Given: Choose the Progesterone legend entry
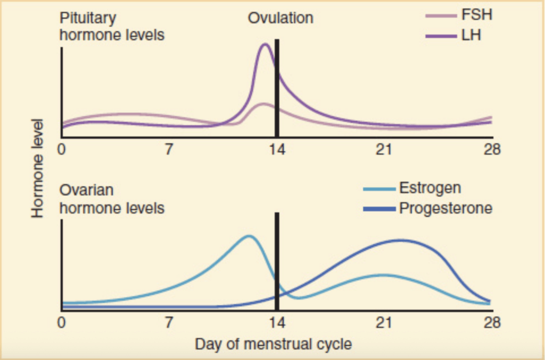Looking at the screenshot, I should [x=445, y=207].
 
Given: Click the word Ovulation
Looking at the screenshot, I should [x=280, y=18].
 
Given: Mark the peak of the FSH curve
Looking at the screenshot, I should [x=263, y=104].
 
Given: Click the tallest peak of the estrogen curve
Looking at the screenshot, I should [x=248, y=236].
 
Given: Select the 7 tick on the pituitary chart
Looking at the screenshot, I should [x=169, y=149].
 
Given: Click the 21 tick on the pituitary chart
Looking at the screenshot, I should [x=384, y=149].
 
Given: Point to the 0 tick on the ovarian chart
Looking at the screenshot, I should [x=62, y=322].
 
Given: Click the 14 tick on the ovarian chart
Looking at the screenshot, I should [x=277, y=322].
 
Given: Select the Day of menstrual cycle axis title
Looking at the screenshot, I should [x=273, y=344].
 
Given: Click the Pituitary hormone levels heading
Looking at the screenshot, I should [x=112, y=27].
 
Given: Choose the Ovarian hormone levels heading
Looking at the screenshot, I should [x=112, y=198].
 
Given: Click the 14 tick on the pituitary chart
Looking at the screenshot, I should [x=277, y=149].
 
